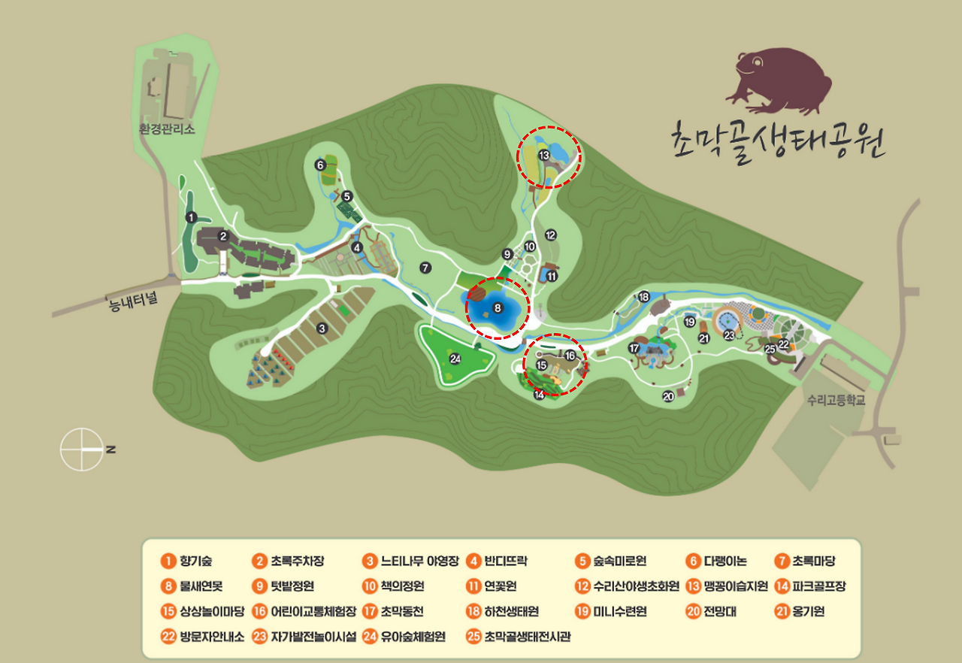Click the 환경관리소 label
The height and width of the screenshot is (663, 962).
pyautogui.click(x=167, y=129)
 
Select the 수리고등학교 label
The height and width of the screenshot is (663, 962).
pyautogui.click(x=836, y=401)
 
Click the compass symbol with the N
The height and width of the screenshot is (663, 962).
pyautogui.click(x=83, y=449)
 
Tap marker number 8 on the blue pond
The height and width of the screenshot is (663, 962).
pyautogui.click(x=497, y=307)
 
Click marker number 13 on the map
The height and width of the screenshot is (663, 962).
pyautogui.click(x=544, y=156)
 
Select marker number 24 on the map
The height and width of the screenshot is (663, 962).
pyautogui.click(x=455, y=359)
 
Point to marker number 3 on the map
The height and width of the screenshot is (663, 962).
pyautogui.click(x=322, y=328)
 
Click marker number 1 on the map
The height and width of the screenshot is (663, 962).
pyautogui.click(x=192, y=217)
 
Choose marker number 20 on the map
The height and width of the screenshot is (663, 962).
pyautogui.click(x=668, y=396)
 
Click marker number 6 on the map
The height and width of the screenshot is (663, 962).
pyautogui.click(x=320, y=165)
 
